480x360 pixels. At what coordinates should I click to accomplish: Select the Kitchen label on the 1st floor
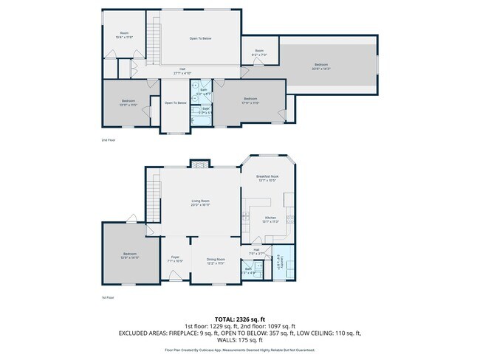pos(270,219)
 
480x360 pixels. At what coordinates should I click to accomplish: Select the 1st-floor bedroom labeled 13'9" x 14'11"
pos(129,256)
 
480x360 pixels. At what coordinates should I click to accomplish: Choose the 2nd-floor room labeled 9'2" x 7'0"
pos(259,53)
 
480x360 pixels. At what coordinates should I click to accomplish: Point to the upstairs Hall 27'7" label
pos(182,72)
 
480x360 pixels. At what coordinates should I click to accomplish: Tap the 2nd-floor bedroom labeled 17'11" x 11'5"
pos(250,100)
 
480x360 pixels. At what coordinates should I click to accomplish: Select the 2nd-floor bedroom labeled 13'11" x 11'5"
pos(128,103)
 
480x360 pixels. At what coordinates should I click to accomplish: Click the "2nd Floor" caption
pos(109,139)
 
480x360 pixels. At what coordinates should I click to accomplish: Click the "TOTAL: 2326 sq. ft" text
pos(239,319)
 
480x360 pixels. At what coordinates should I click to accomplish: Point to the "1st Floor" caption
pos(108,298)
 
